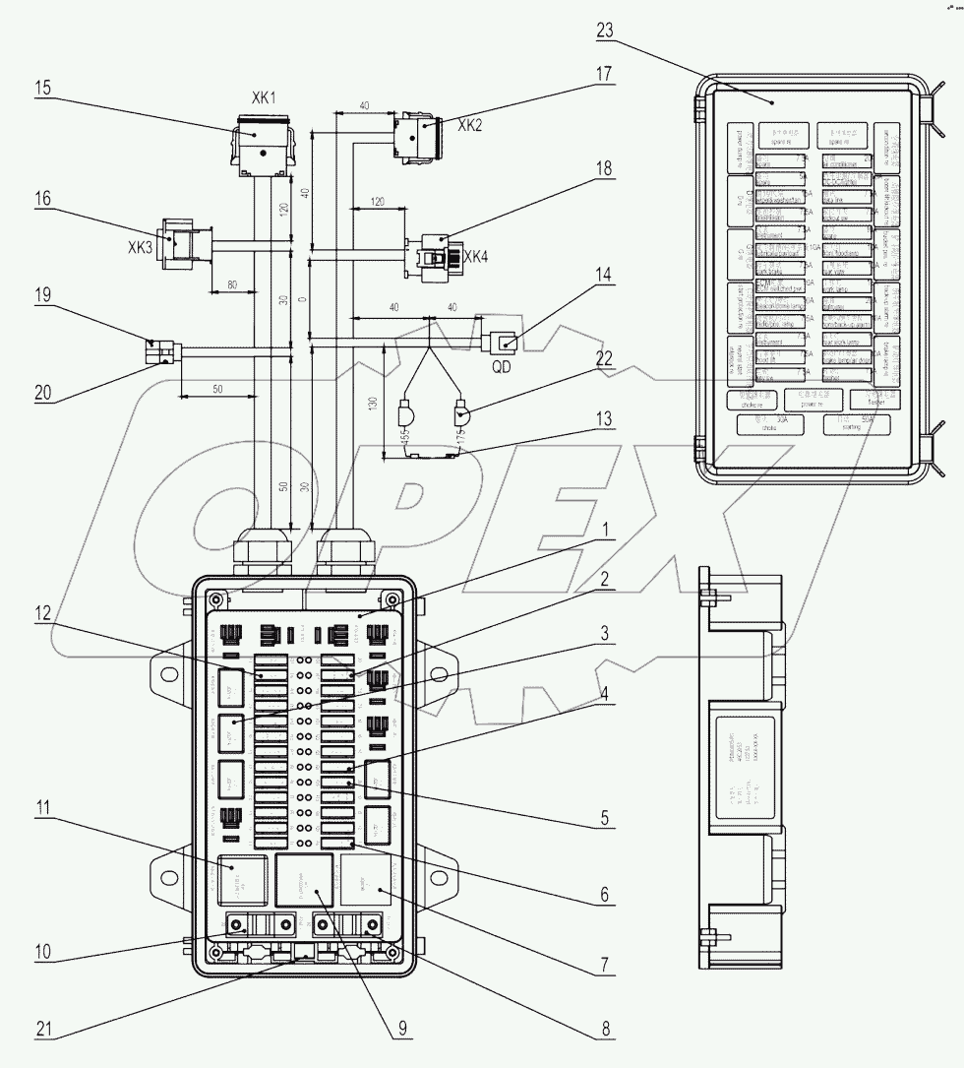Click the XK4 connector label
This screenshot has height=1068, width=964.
click(x=475, y=257)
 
